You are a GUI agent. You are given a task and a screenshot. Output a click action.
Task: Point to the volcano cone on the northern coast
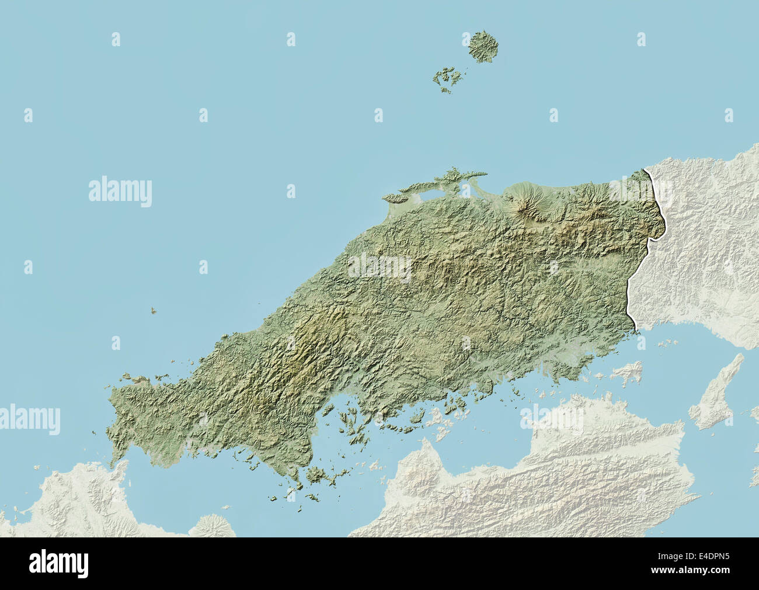[525, 202]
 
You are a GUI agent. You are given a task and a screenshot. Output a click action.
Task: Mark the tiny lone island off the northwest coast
[153, 313]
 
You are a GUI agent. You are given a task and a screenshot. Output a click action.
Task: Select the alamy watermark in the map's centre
[380, 268]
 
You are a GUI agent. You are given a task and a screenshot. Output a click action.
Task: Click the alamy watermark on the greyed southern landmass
[551, 419]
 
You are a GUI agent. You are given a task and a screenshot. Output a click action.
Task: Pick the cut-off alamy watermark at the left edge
[29, 419]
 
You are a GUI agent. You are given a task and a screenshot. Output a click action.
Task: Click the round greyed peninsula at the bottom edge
[214, 526]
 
